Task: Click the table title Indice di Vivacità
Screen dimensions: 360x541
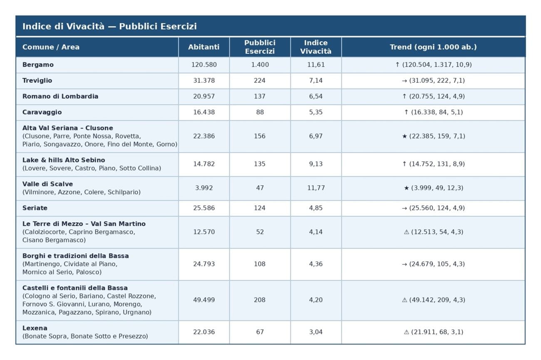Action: click(109, 26)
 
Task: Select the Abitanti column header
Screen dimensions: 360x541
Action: click(203, 47)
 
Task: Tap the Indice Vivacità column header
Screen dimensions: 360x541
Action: click(316, 47)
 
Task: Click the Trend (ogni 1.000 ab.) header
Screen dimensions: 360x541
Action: click(433, 47)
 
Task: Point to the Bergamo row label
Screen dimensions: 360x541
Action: click(38, 65)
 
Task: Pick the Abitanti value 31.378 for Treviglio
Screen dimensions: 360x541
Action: click(204, 80)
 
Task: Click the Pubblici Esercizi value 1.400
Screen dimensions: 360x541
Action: click(260, 65)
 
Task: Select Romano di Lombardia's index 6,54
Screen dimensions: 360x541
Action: click(316, 96)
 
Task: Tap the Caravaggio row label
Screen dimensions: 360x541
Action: click(42, 112)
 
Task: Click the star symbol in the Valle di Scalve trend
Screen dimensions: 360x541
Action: click(406, 188)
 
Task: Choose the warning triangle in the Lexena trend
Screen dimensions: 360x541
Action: click(407, 332)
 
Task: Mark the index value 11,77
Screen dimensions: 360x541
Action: click(316, 188)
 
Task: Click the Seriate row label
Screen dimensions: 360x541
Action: click(35, 208)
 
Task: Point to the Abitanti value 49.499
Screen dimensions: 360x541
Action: click(204, 300)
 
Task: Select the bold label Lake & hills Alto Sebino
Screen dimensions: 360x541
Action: click(64, 160)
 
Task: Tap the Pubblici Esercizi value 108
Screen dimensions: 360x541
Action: click(260, 264)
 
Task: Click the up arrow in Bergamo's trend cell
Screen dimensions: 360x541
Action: click(398, 65)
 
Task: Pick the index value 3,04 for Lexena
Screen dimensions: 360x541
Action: click(316, 332)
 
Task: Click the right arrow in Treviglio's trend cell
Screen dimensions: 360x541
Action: click(405, 81)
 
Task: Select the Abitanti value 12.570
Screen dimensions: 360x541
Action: click(204, 232)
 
